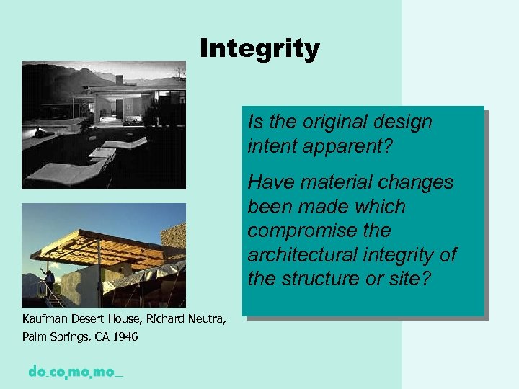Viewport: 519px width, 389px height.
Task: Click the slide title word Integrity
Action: click(x=259, y=49)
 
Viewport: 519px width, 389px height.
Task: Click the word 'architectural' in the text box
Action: click(x=307, y=254)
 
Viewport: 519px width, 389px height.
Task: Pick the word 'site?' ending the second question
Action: click(x=408, y=278)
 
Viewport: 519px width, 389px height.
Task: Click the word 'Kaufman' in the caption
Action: click(x=45, y=318)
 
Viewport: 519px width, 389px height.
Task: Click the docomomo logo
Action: click(x=75, y=372)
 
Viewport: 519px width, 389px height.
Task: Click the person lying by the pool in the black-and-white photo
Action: click(x=45, y=132)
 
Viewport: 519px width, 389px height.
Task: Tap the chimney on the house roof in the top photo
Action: click(x=177, y=71)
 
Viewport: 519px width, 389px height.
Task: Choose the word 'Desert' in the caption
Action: click(x=89, y=318)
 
